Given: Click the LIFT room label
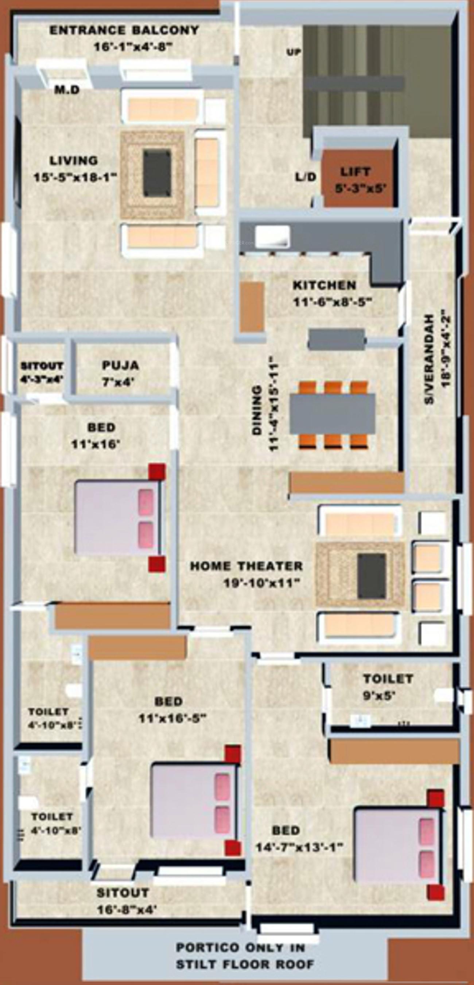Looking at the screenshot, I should click(355, 172).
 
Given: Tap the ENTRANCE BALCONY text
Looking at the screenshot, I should click(124, 30).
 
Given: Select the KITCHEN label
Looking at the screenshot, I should click(324, 285).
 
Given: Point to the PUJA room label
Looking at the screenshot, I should click(120, 365).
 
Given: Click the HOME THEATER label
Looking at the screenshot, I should click(246, 566).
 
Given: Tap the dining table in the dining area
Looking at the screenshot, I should click(332, 414).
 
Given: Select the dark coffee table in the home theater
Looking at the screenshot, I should click(371, 576).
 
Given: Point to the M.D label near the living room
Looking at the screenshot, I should click(67, 90).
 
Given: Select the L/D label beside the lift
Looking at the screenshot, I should click(306, 177).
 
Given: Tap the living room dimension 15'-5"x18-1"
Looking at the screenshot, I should click(75, 178).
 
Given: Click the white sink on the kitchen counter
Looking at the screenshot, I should click(272, 235).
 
